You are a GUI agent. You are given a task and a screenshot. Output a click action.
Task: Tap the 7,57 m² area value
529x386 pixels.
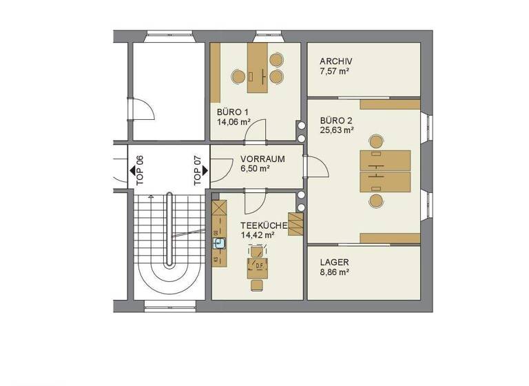click(x=335, y=71)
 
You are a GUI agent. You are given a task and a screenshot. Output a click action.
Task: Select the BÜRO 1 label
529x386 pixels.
click(x=232, y=112)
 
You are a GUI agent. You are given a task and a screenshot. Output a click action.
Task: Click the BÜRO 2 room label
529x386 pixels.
click(x=336, y=119)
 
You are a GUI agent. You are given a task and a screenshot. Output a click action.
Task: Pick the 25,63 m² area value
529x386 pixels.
click(x=337, y=129)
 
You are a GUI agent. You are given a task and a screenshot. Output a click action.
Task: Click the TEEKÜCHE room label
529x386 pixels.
click(x=264, y=225)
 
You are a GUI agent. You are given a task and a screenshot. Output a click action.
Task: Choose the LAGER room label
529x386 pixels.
click(x=334, y=263)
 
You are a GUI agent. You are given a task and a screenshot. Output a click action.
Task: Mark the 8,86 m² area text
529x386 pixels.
click(x=335, y=272)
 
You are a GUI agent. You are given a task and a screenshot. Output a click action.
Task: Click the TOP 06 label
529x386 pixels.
click(x=140, y=170)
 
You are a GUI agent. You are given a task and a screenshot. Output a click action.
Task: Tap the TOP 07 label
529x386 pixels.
click(x=198, y=170)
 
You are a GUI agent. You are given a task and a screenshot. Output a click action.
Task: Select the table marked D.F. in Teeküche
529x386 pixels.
click(x=260, y=266)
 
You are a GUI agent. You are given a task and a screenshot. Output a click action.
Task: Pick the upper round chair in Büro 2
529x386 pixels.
click(x=376, y=142)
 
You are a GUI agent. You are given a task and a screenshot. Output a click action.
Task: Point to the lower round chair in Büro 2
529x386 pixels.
click(x=376, y=200)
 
